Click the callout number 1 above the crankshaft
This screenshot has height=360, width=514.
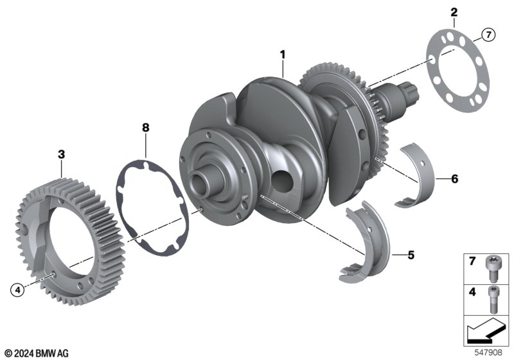click(x=283, y=55)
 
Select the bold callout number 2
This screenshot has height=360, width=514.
click(x=454, y=12)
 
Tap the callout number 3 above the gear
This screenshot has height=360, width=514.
click(x=61, y=154)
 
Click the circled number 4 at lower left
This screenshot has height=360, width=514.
click(x=17, y=290)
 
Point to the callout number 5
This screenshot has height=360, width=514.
click(x=411, y=255)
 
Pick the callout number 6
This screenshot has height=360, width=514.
click(x=454, y=179)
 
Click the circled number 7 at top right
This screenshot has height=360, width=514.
click(x=488, y=35)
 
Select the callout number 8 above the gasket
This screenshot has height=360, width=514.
click(x=146, y=127)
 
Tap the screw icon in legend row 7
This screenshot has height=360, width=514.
click(x=492, y=269)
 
